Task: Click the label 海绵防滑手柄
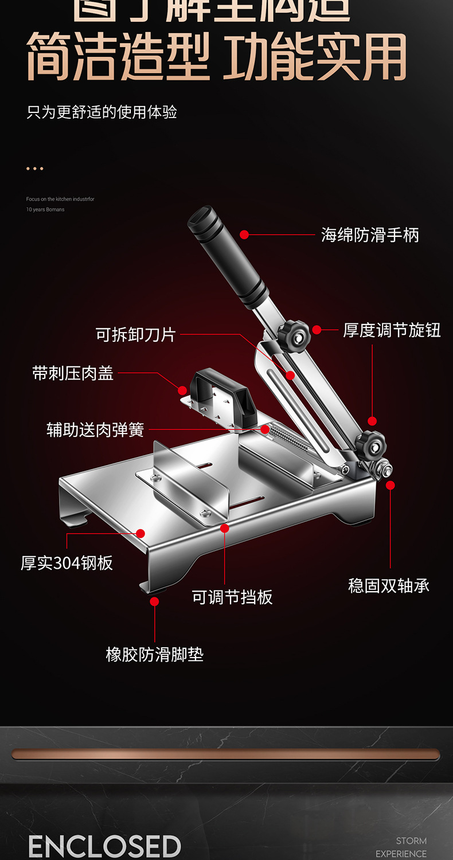click(370, 235)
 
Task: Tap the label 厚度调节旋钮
click(392, 330)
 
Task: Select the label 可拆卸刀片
click(136, 334)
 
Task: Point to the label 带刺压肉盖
click(73, 374)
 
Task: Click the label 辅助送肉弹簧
click(95, 429)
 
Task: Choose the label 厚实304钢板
click(67, 563)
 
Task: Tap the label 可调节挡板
click(232, 597)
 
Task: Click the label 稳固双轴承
click(389, 586)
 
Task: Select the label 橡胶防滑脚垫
click(155, 655)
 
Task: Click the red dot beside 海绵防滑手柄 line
click(244, 234)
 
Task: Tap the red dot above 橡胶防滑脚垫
click(154, 601)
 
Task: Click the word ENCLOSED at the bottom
click(104, 847)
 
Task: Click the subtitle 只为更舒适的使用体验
click(101, 112)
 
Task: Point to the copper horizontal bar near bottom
click(226, 754)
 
